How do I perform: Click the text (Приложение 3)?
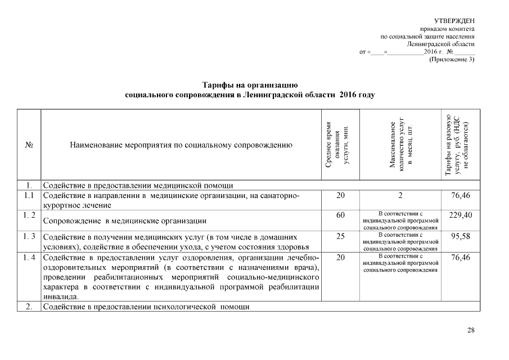coord(452,59)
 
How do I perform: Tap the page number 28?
coord(471,330)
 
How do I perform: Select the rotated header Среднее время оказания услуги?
coord(338,145)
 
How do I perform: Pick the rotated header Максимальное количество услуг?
coord(400,145)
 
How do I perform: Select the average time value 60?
coord(340,215)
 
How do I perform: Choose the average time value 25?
coord(340,236)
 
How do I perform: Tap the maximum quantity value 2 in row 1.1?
coord(400,195)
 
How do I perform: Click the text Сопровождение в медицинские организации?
coord(125,221)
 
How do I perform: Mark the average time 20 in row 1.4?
coord(340,257)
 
